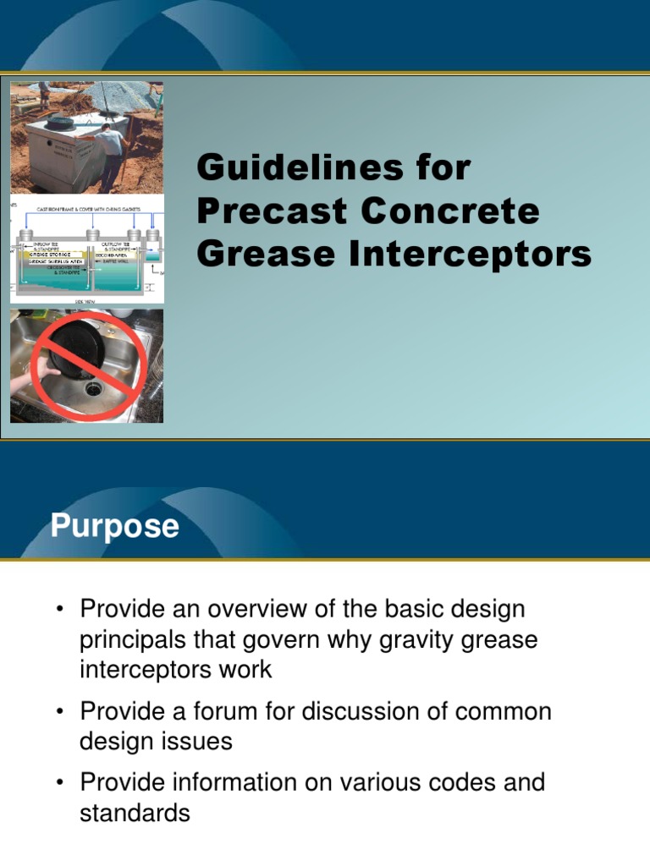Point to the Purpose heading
[x=114, y=526]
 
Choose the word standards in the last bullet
[x=135, y=814]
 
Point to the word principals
[x=137, y=640]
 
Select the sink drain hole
[x=92, y=388]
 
